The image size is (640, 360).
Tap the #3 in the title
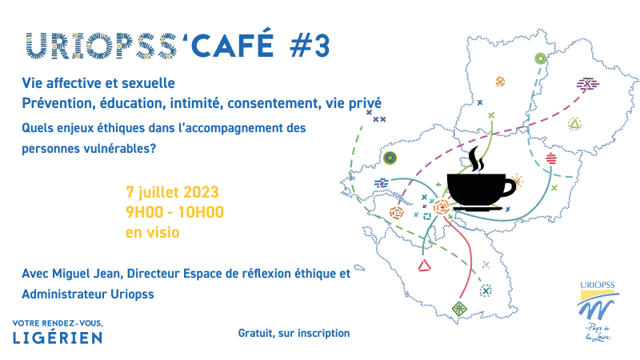pos(310,46)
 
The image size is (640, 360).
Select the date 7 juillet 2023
pos(172,192)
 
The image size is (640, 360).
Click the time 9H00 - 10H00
pos(174,212)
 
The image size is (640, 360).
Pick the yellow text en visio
pos(153,232)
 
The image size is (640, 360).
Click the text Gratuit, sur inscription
pos(294,334)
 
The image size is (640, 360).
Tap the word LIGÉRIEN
pos(58,338)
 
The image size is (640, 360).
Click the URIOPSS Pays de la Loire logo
pos(598,311)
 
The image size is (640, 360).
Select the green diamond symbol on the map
pos(459,308)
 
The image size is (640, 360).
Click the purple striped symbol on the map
pos(587,84)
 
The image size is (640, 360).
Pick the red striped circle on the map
pos(551,158)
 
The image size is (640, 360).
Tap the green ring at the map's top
pos(541,58)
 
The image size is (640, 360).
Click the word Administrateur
pos(60,294)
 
